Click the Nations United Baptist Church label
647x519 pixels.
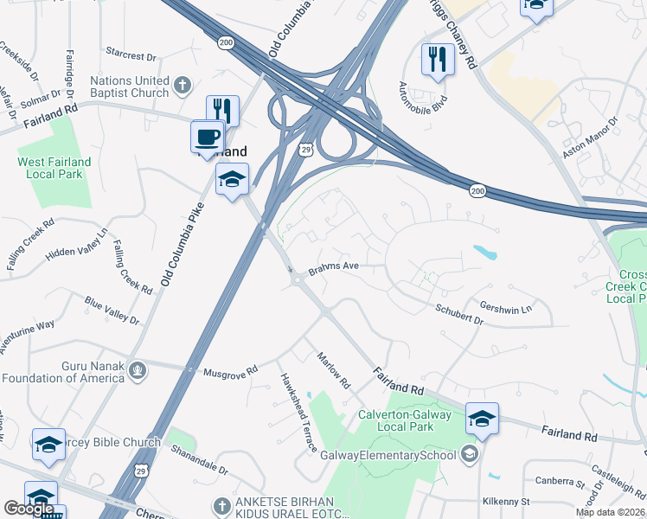tap(131, 87)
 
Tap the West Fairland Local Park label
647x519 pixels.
tap(54, 168)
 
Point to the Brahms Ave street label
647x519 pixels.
tap(333, 267)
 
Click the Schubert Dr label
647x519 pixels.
tap(458, 313)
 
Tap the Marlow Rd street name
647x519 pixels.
tap(333, 369)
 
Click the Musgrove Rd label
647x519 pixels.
tap(230, 371)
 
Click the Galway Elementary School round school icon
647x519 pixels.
tap(469, 454)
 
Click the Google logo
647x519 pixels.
tap(29, 509)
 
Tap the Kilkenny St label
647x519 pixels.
tap(506, 501)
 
